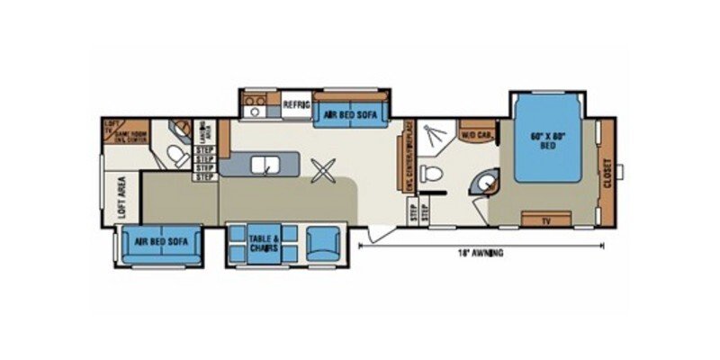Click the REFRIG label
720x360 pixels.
click(x=296, y=105)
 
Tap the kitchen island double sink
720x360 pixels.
click(x=268, y=165)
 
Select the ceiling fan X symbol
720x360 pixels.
click(x=322, y=169)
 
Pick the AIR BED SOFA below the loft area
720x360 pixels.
click(x=159, y=241)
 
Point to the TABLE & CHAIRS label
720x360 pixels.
click(x=265, y=241)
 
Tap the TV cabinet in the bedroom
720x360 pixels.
click(x=546, y=220)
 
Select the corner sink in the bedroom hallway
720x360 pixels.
click(x=488, y=183)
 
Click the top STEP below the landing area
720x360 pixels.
click(x=205, y=150)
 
